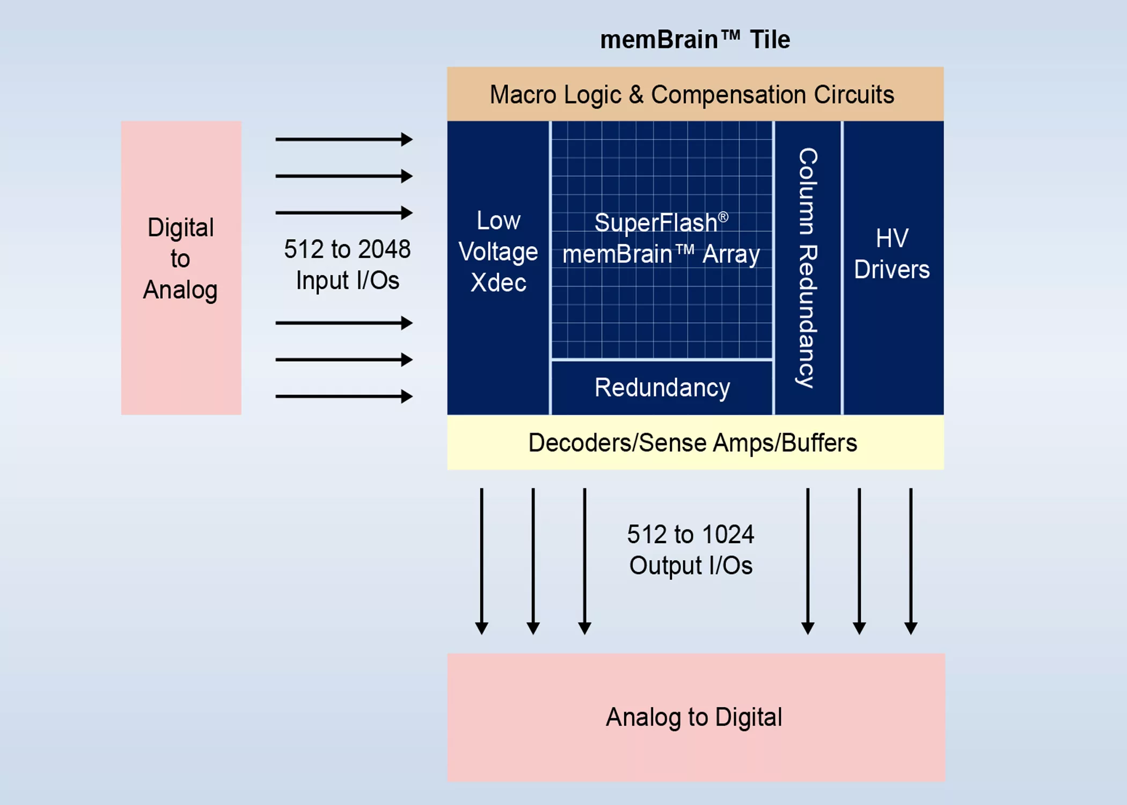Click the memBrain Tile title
tap(694, 40)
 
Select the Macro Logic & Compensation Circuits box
tap(694, 94)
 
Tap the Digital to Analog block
tap(181, 267)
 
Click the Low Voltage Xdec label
tap(498, 251)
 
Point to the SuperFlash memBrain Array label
tap(661, 238)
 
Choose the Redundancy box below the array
tap(662, 387)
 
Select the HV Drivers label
tap(892, 253)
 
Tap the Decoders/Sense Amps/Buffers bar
tap(694, 443)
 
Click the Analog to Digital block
tap(696, 717)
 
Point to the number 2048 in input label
tap(384, 249)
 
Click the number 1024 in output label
tap(728, 535)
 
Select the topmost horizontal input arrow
tap(343, 140)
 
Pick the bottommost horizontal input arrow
tap(343, 397)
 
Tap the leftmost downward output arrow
tap(481, 561)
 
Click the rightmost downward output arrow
tap(911, 561)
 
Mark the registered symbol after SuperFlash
tap(723, 217)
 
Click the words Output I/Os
tap(691, 566)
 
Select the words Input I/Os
tap(347, 280)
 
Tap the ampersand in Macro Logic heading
tap(636, 95)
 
